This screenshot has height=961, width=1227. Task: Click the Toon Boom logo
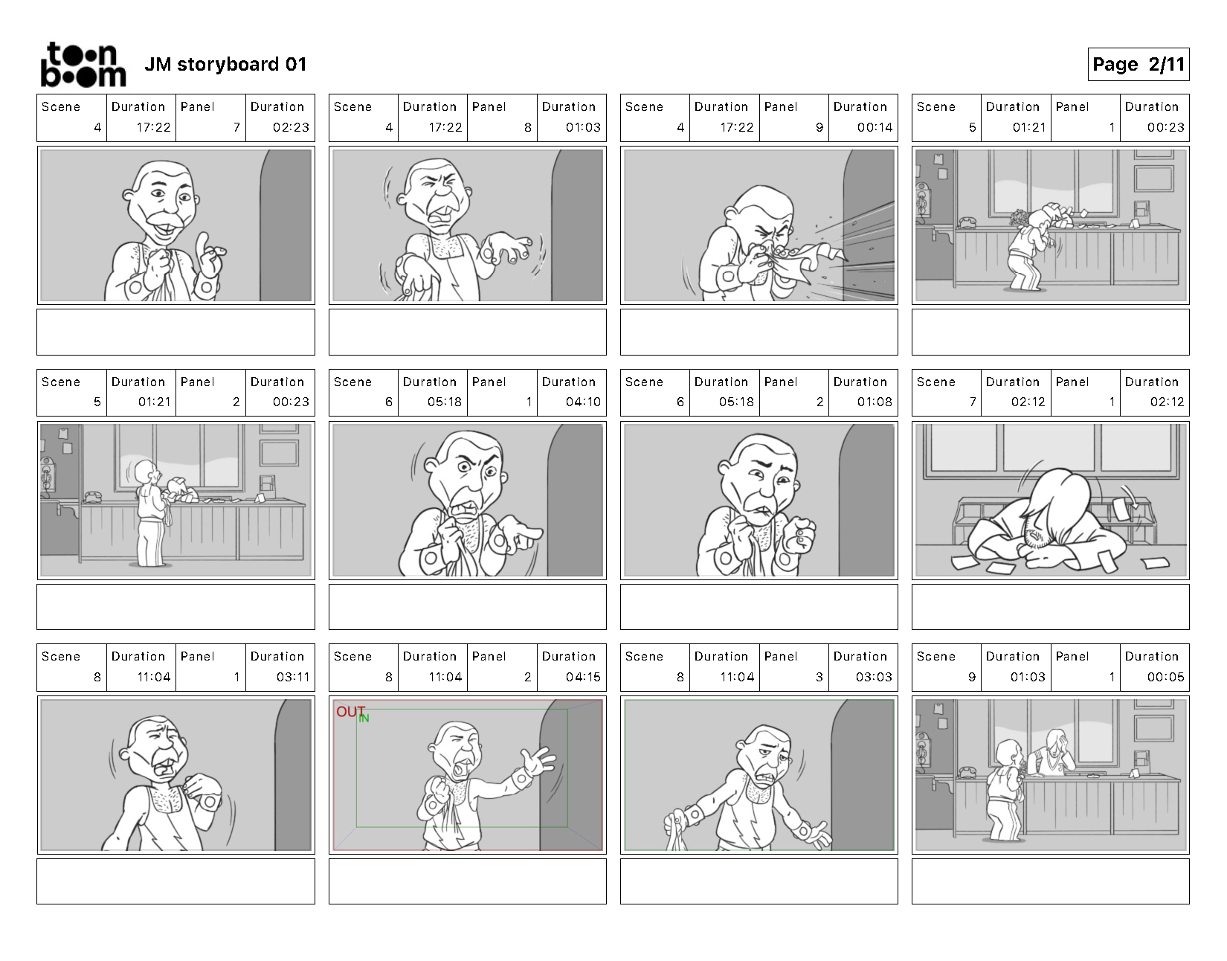pyautogui.click(x=83, y=65)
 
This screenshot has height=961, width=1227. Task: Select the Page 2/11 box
pyautogui.click(x=1139, y=65)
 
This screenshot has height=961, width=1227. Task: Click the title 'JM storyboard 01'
pyautogui.click(x=226, y=65)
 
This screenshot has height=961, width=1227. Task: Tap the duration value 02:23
pyautogui.click(x=291, y=128)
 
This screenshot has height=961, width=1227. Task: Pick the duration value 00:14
pyautogui.click(x=875, y=128)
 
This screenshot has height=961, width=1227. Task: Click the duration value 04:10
pyautogui.click(x=583, y=402)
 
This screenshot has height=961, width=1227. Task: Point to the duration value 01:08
pyautogui.click(x=875, y=402)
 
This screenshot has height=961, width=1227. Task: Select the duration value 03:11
pyautogui.click(x=292, y=677)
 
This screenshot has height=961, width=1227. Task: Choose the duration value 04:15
pyautogui.click(x=583, y=677)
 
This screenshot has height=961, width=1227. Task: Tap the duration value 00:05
pyautogui.click(x=1165, y=677)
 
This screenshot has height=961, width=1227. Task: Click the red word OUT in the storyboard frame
pyautogui.click(x=350, y=712)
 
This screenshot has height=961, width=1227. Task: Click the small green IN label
pyautogui.click(x=364, y=719)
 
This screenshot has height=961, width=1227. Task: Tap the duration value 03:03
pyautogui.click(x=874, y=677)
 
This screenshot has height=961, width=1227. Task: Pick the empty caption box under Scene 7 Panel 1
pyautogui.click(x=1050, y=607)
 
